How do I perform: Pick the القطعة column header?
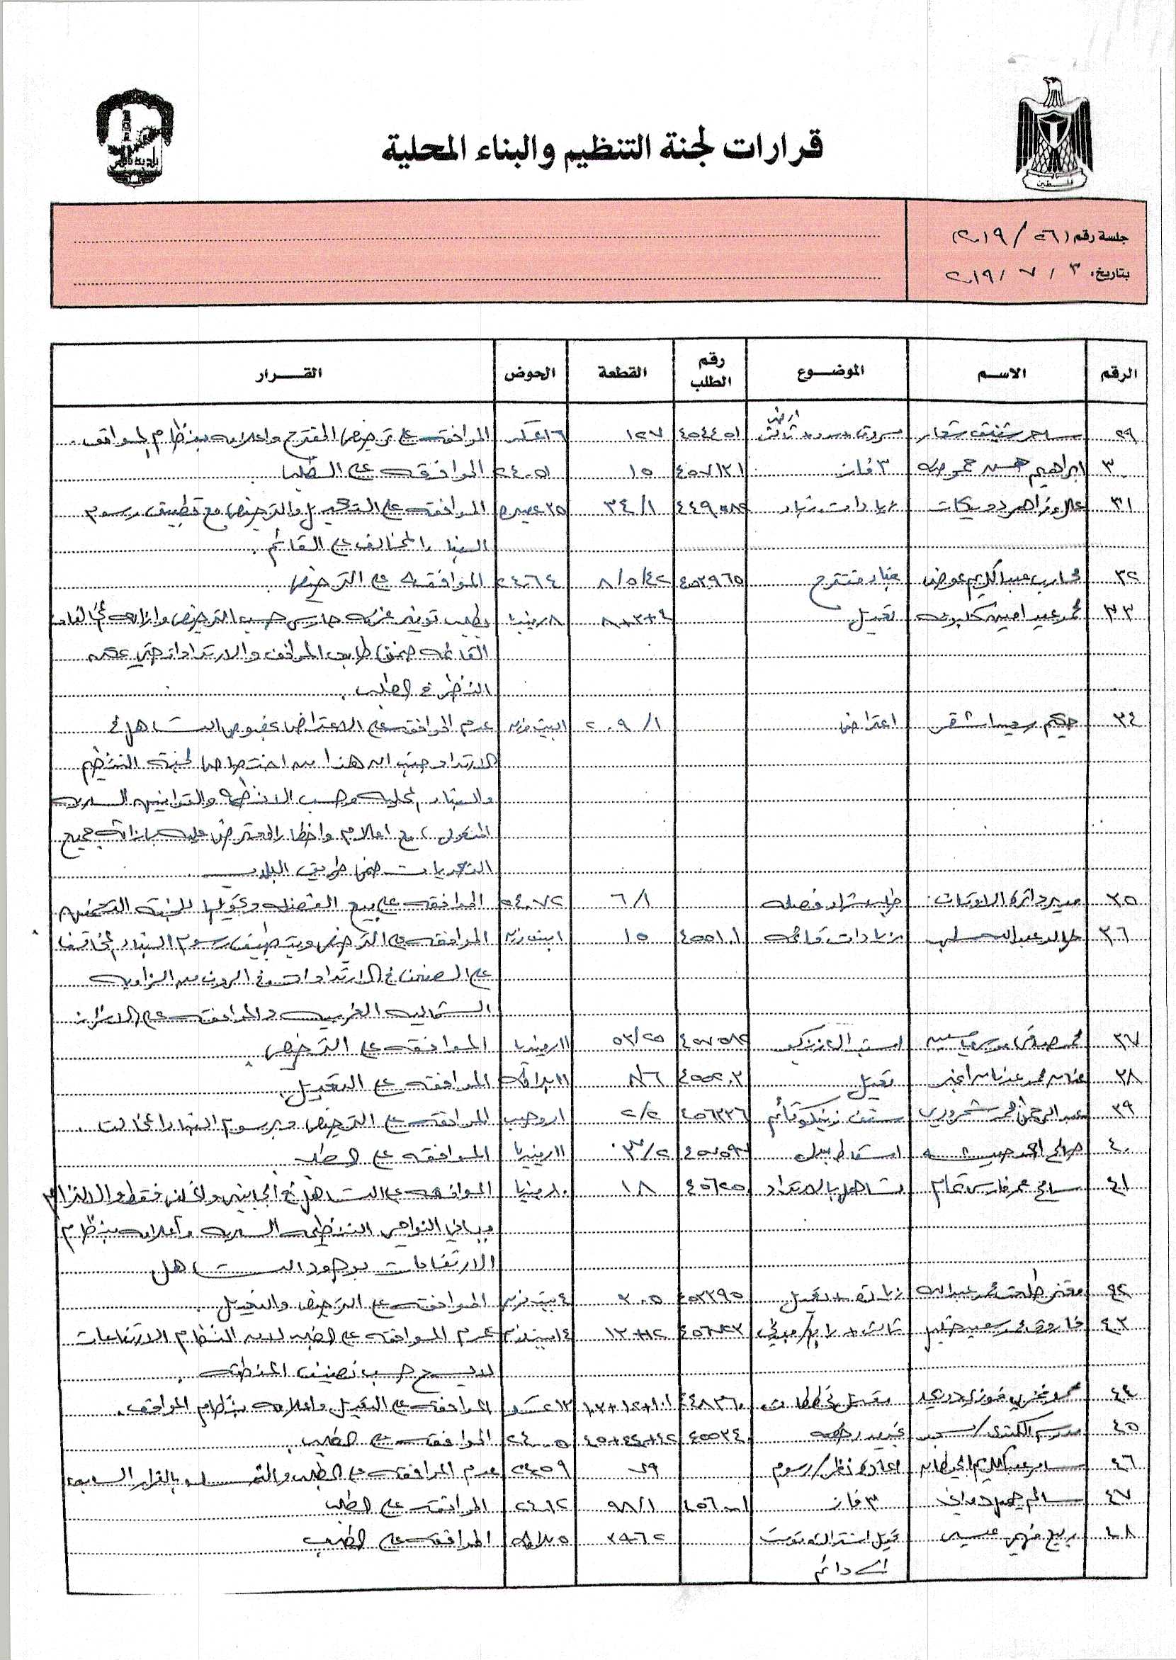[x=621, y=373]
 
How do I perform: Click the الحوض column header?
[x=530, y=373]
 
